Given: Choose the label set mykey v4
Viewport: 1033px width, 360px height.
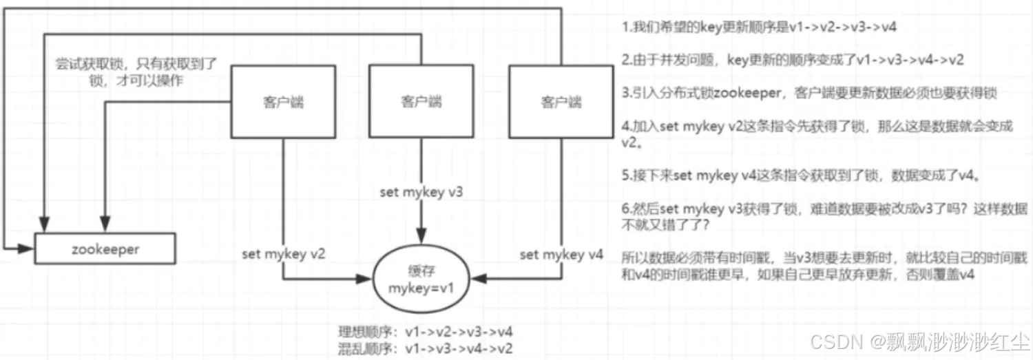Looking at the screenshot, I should click(x=561, y=255).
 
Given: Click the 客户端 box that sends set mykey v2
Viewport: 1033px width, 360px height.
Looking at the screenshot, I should click(x=283, y=101).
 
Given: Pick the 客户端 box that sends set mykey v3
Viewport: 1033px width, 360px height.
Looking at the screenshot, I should click(x=421, y=101).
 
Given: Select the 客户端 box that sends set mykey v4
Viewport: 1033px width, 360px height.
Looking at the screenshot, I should click(x=561, y=102).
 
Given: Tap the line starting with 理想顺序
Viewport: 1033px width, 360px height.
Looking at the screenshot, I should click(x=425, y=332).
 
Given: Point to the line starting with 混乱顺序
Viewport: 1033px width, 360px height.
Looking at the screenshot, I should click(x=425, y=347).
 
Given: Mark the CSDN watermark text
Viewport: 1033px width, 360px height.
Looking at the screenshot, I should click(x=919, y=341).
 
